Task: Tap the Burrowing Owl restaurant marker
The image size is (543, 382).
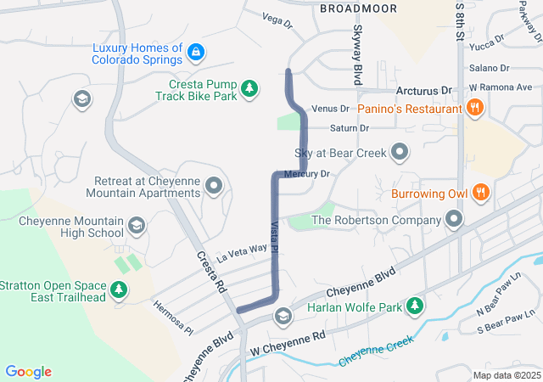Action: pos(481,193)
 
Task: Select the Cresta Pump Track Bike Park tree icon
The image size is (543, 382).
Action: pos(249,87)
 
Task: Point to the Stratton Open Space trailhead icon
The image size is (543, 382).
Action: pos(120,290)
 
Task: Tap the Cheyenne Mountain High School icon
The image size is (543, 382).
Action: pos(136,226)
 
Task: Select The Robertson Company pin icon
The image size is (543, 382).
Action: pos(455,220)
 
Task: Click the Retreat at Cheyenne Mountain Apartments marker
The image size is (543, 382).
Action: pos(214,185)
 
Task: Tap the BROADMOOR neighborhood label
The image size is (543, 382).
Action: pos(358,8)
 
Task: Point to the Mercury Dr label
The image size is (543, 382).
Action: pos(306,173)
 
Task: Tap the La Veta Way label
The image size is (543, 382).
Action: pos(242,251)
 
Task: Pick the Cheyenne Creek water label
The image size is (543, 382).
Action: pos(376,351)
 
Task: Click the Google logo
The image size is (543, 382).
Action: pos(28,372)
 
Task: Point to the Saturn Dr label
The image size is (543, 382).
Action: pos(350,128)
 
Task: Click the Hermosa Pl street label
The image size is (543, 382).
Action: pos(174,317)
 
